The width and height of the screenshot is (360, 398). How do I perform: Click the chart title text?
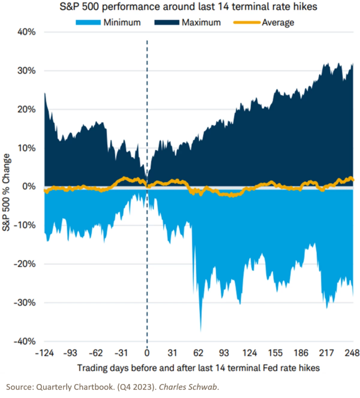pyautogui.click(x=188, y=7)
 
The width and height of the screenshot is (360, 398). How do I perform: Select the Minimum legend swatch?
pyautogui.click(x=88, y=23)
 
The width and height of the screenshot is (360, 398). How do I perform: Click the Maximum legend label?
pyautogui.click(x=201, y=23)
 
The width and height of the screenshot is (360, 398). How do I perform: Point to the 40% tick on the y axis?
pyautogui.click(x=26, y=32)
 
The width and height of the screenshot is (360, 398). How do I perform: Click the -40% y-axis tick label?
pyautogui.click(x=25, y=341)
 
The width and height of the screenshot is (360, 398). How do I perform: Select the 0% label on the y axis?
pyautogui.click(x=29, y=186)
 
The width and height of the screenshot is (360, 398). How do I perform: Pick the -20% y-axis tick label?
pyautogui.click(x=25, y=264)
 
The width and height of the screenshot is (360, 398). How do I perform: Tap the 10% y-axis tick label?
pyautogui.click(x=26, y=148)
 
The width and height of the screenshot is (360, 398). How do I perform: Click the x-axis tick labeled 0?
pyautogui.click(x=147, y=353)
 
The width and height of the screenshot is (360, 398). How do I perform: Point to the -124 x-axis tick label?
pyautogui.click(x=44, y=353)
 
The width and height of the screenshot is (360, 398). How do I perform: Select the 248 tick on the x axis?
pyautogui.click(x=352, y=353)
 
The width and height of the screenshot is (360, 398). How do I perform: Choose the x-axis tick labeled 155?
pyautogui.click(x=275, y=353)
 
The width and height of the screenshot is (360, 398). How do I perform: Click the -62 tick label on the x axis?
pyautogui.click(x=96, y=353)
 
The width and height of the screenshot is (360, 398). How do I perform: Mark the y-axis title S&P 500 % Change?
pyautogui.click(x=7, y=192)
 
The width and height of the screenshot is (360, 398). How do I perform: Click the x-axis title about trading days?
pyautogui.click(x=198, y=368)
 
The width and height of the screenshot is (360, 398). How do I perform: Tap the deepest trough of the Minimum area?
pyautogui.click(x=201, y=330)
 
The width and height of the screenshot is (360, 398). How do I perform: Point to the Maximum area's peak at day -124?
pyautogui.click(x=45, y=94)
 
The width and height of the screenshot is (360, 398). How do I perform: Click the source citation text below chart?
pyautogui.click(x=112, y=387)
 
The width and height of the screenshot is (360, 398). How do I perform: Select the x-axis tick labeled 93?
pyautogui.click(x=224, y=353)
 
